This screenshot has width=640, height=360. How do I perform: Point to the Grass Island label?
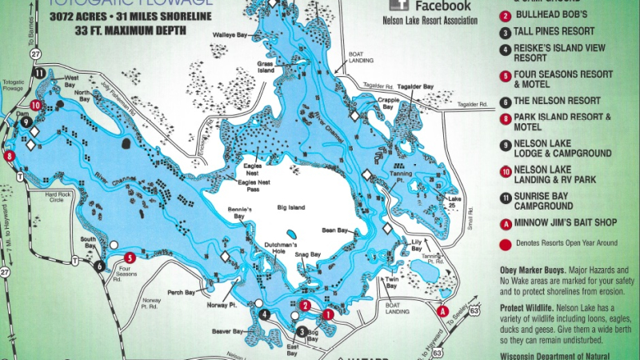(x=266, y=66)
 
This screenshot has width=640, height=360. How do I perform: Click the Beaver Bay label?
(x=227, y=330)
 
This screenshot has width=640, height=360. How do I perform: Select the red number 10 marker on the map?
(x=35, y=104)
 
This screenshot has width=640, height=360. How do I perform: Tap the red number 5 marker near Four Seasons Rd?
(x=130, y=258)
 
